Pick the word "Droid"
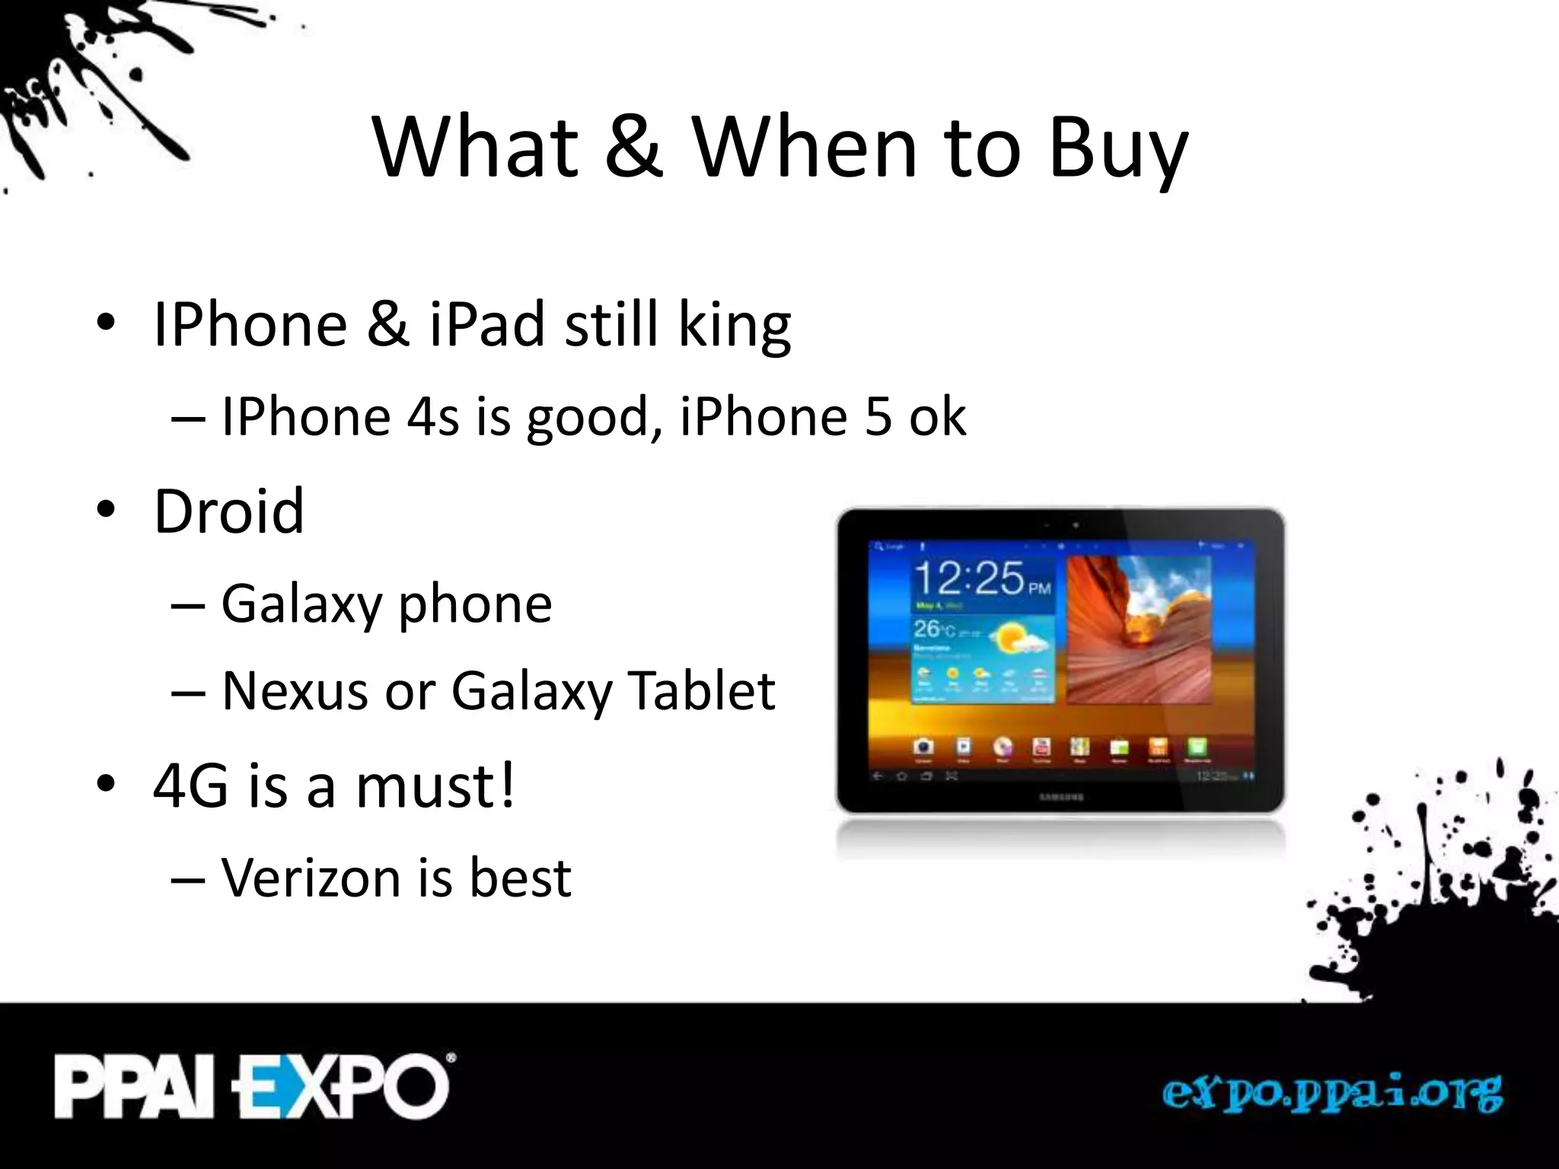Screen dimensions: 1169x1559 coord(229,511)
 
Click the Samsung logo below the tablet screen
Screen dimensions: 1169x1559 coord(1060,797)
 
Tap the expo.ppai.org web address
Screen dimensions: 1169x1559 coord(1332,1094)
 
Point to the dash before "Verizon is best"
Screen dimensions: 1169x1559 coord(189,880)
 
